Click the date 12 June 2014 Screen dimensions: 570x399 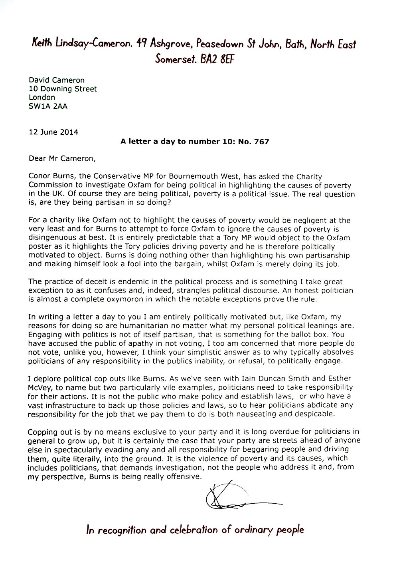pyautogui.click(x=53, y=132)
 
